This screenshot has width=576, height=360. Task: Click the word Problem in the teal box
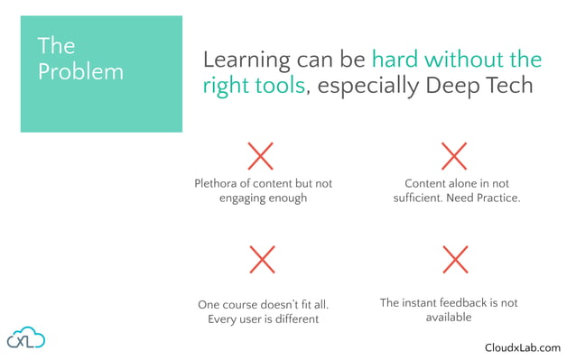(80, 72)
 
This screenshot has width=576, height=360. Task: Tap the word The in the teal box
(56, 46)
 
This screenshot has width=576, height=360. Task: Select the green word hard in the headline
(394, 60)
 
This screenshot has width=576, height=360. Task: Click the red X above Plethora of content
(260, 156)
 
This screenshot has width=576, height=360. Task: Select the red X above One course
(262, 261)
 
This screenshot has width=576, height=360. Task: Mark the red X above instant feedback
(455, 260)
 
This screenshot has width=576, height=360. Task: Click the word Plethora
(218, 183)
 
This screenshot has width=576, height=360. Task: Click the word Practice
(498, 198)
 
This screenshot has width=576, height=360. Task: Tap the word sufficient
(421, 198)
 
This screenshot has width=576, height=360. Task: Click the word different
(293, 318)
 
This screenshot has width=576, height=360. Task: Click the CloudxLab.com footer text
(522, 347)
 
